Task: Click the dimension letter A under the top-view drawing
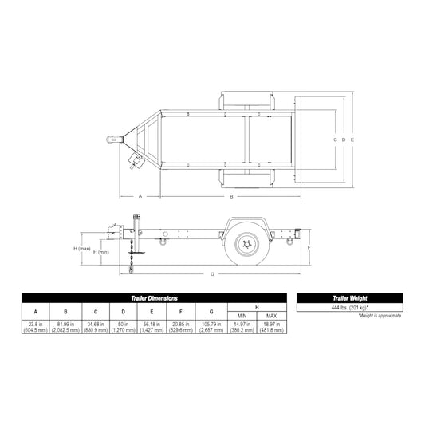coord(140,195)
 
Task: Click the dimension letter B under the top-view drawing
coord(231,195)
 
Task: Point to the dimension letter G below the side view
coord(212,274)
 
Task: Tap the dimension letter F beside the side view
coord(309,247)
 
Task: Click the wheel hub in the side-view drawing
coord(249,246)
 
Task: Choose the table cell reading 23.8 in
coord(35,325)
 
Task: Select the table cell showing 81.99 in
coord(66,325)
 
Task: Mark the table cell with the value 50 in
coord(122,325)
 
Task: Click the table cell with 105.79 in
coord(211,325)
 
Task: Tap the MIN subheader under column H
coord(243,316)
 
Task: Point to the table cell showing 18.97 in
coord(271,325)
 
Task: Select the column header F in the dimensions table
coord(183,311)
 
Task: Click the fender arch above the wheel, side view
coord(249,220)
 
